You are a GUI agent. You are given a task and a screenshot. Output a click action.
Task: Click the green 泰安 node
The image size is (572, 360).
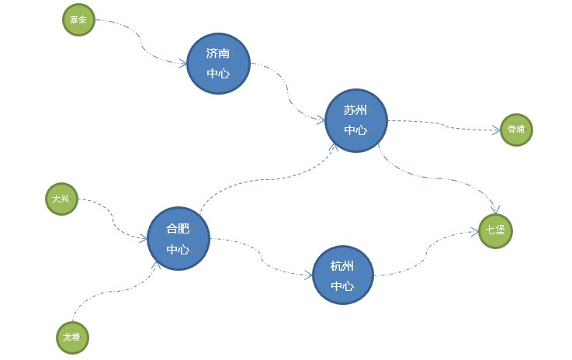(78, 20)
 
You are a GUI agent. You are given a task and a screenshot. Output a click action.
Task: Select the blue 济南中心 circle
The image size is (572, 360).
(218, 64)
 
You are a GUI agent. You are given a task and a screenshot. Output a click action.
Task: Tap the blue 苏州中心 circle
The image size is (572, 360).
(355, 120)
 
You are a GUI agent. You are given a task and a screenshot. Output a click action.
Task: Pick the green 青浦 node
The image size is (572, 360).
(516, 129)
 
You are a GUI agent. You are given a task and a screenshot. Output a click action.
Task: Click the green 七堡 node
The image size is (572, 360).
(495, 230)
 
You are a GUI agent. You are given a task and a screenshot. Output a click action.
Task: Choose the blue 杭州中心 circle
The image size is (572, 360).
(343, 275)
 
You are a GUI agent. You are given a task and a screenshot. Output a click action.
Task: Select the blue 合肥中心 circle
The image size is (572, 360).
(179, 239)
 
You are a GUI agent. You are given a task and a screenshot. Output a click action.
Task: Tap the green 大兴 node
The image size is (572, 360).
(61, 199)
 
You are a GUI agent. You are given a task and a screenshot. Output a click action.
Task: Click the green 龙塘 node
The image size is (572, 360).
(72, 337)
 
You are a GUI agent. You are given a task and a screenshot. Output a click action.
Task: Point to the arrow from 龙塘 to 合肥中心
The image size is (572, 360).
(116, 292)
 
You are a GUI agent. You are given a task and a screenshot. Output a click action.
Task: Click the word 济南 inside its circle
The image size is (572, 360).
(218, 54)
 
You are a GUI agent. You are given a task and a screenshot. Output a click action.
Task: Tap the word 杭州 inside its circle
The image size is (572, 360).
(342, 266)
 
